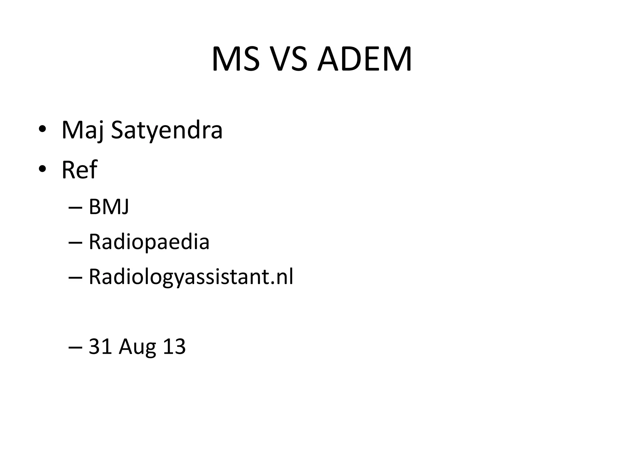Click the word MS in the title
(x=236, y=59)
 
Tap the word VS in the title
(x=288, y=59)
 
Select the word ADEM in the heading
(x=364, y=59)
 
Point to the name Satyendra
(x=166, y=130)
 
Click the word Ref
(x=79, y=170)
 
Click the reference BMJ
(x=109, y=207)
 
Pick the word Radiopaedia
(x=149, y=242)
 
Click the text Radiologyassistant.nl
(x=191, y=277)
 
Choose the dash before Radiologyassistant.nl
(x=76, y=278)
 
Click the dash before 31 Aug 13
(x=76, y=348)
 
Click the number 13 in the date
(x=174, y=347)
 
